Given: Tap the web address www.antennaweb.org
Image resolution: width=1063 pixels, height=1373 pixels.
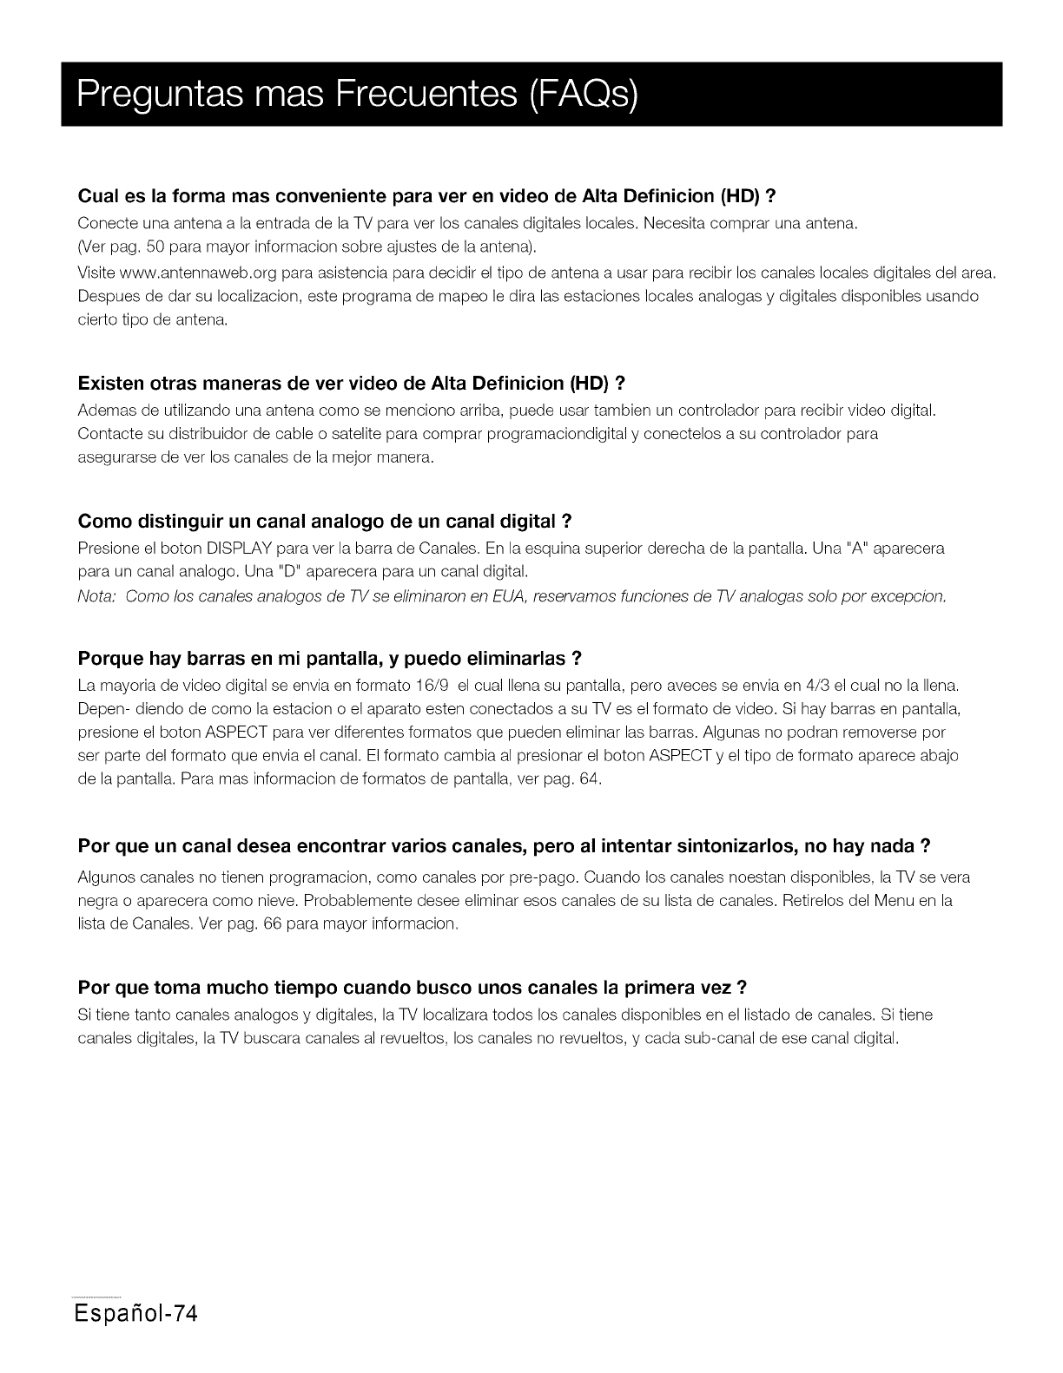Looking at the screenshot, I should click(196, 273).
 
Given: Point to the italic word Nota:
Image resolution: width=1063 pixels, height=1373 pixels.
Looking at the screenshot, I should click(97, 596).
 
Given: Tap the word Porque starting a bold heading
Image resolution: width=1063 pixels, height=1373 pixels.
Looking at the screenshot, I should click(109, 656).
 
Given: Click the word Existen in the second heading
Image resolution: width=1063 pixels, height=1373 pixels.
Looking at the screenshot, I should click(111, 383).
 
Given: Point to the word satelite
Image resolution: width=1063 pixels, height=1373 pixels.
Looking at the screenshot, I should click(337, 433).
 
